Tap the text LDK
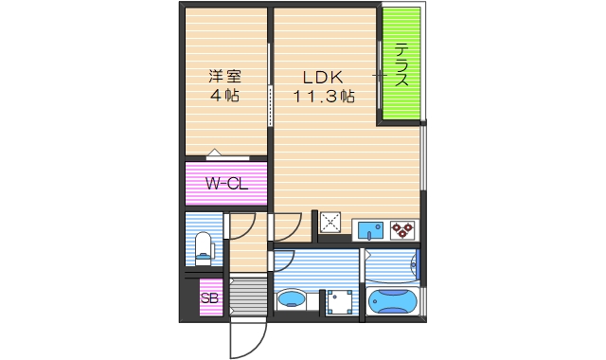321,77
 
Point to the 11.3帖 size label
323,97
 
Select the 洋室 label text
223,77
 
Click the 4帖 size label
223,96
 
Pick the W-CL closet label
227,184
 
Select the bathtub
392,302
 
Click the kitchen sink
368,229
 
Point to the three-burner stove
402,229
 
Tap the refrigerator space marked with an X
331,223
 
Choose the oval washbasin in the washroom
292,302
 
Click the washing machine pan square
336,301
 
